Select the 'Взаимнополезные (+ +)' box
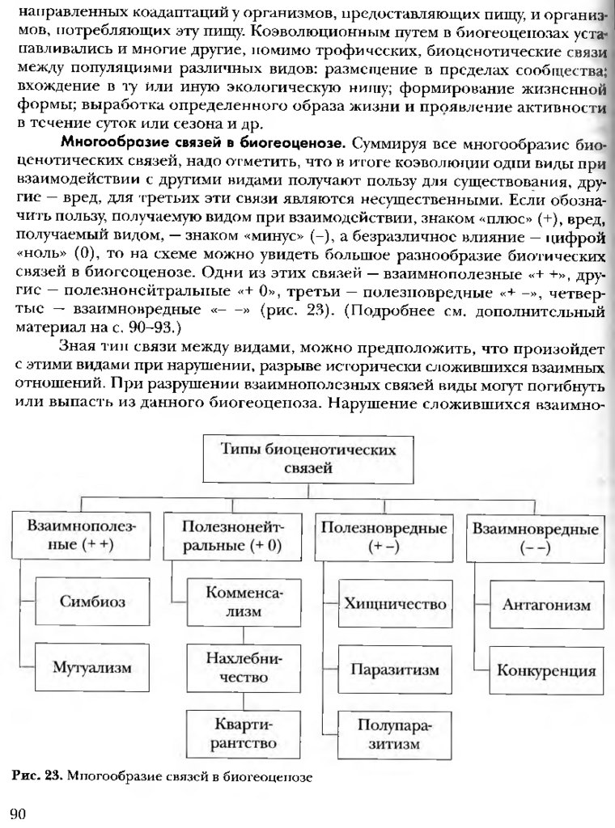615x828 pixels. coord(82,536)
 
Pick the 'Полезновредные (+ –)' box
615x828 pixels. coord(384,536)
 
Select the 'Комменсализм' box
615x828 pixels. coord(244,602)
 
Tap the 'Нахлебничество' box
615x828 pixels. coord(244,668)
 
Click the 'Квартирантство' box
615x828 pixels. coord(244,732)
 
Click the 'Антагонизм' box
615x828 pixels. coord(546,603)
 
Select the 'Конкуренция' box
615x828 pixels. coord(546,671)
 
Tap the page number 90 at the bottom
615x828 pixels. coord(17,813)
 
